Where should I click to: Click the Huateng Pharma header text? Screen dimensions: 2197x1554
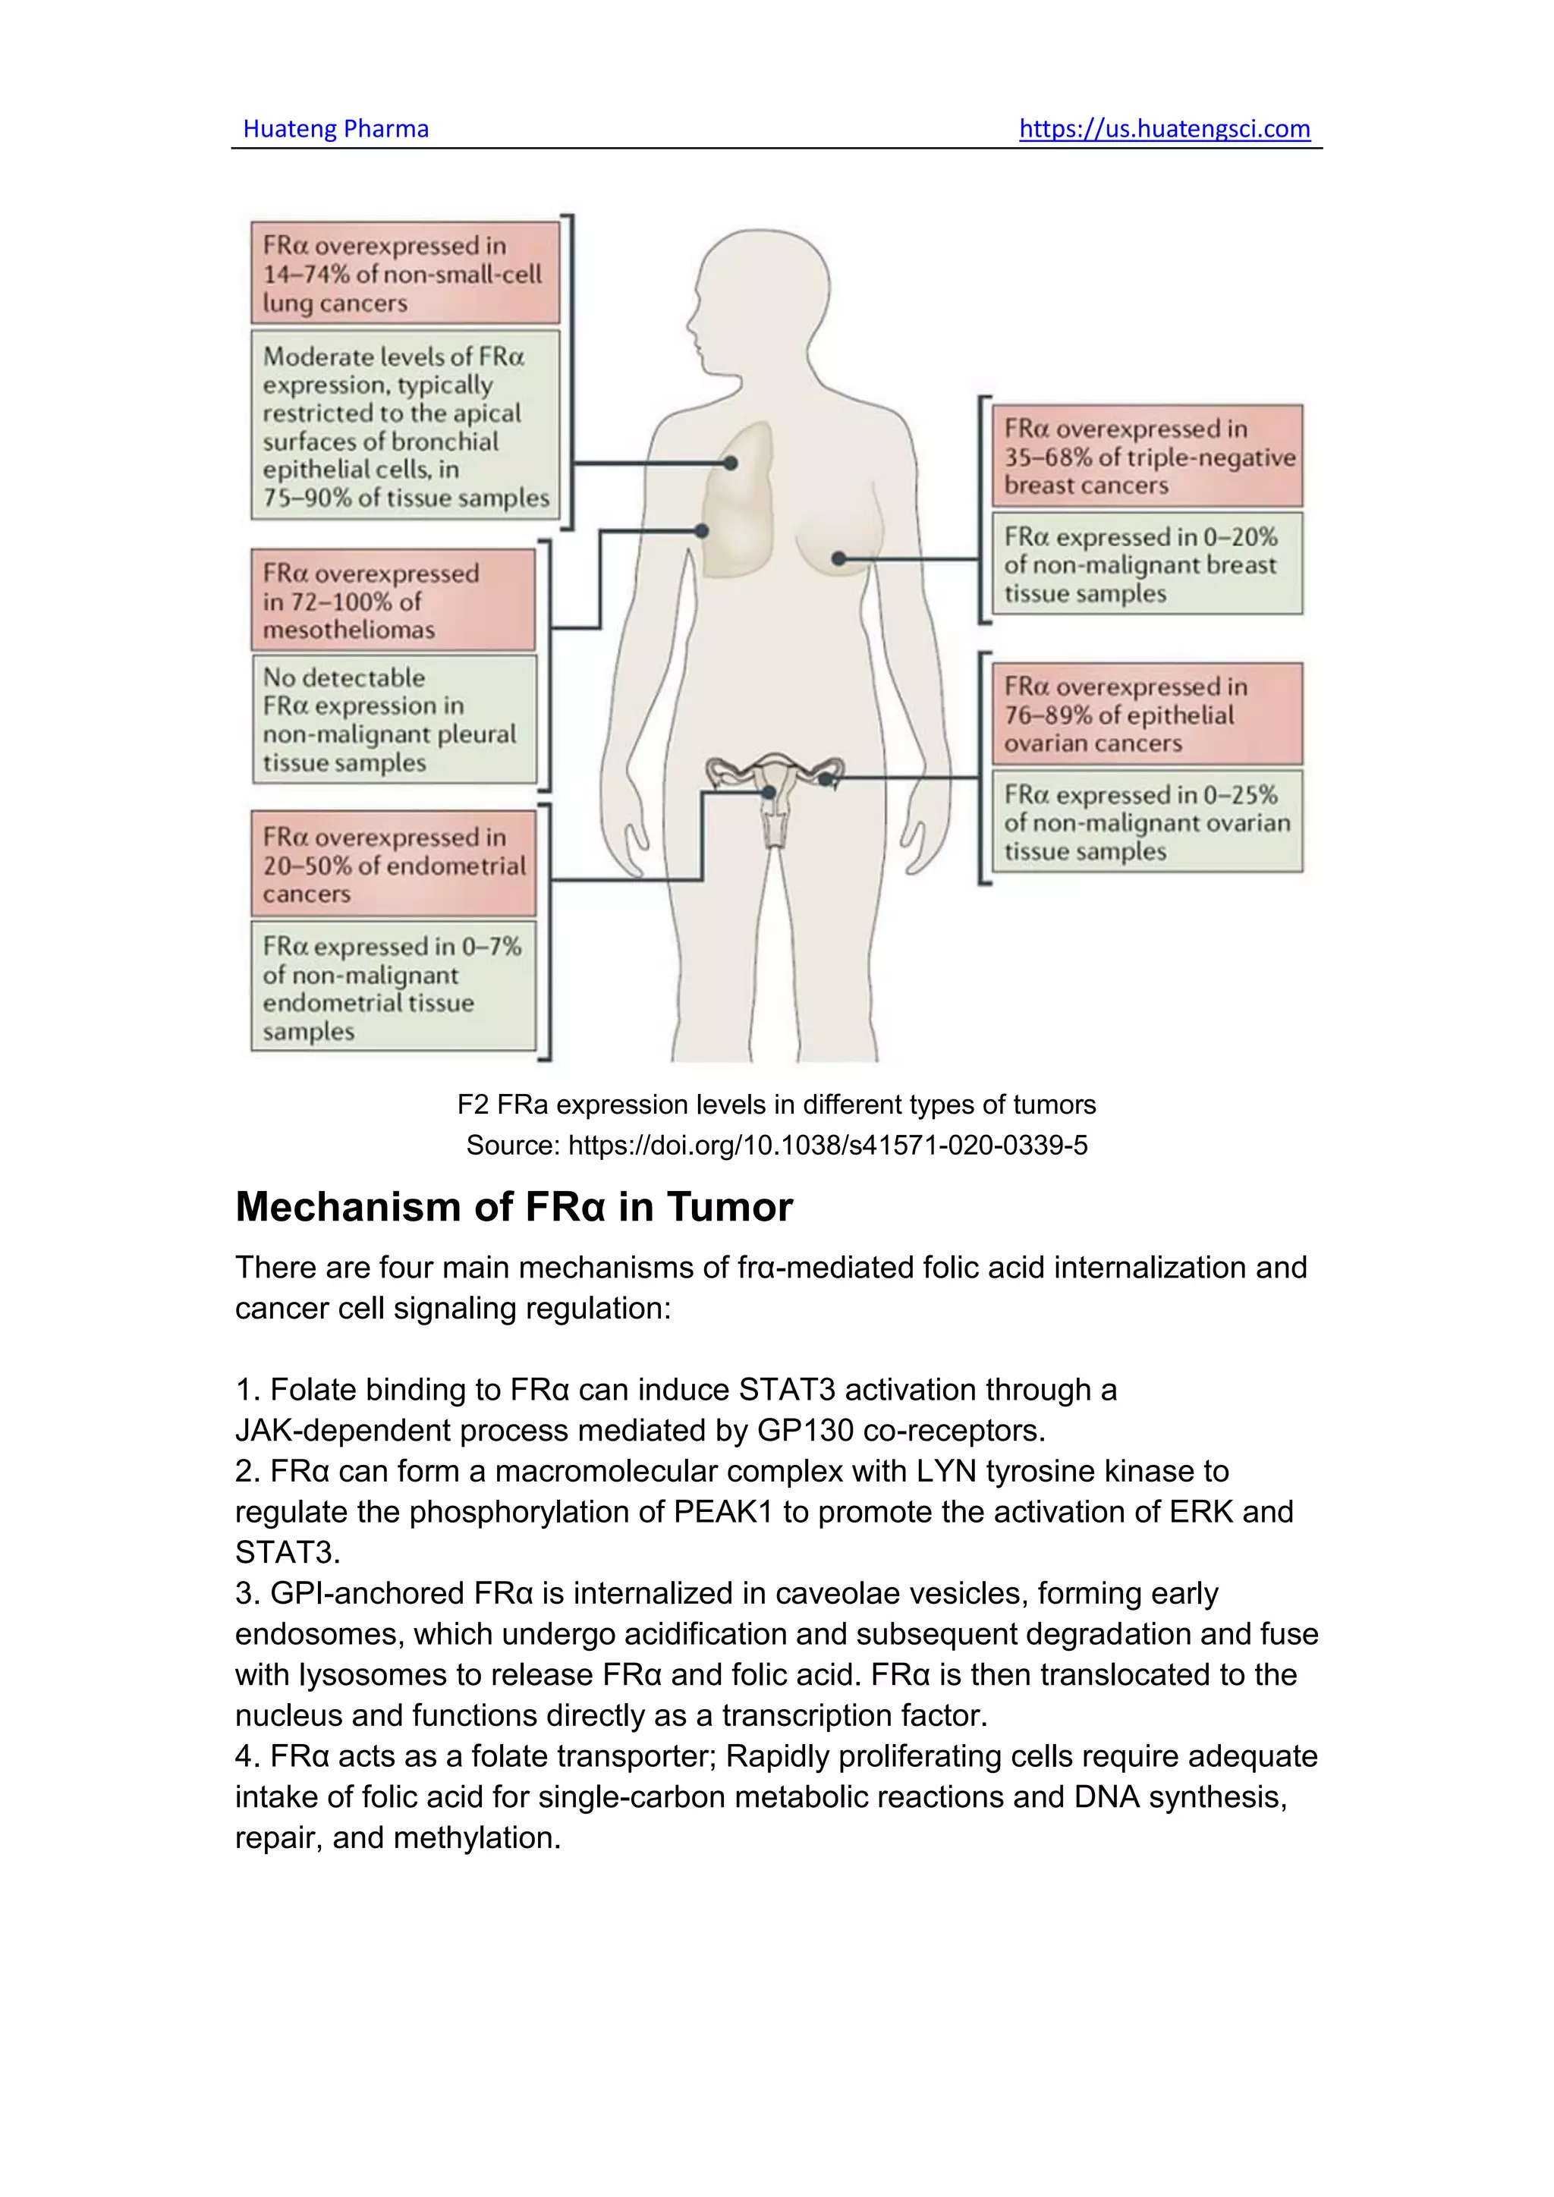[336, 129]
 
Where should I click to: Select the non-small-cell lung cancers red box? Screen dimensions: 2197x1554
[404, 274]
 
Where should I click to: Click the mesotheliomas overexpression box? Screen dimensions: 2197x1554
[393, 601]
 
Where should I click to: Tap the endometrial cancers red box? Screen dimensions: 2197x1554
[393, 865]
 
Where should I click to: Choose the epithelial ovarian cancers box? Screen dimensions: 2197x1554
[1147, 714]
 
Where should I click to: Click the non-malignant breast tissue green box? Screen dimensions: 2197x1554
[1147, 564]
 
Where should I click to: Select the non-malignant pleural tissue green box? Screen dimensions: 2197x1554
[393, 720]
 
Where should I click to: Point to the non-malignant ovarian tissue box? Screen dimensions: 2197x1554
[1147, 822]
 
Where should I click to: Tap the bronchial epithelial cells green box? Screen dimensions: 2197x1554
[404, 426]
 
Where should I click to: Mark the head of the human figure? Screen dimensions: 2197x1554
[761, 297]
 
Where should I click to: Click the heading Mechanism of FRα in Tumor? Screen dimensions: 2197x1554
[514, 1208]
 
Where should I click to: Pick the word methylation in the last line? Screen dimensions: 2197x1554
[477, 1837]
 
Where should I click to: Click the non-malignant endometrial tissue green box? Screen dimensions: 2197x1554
[393, 988]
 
